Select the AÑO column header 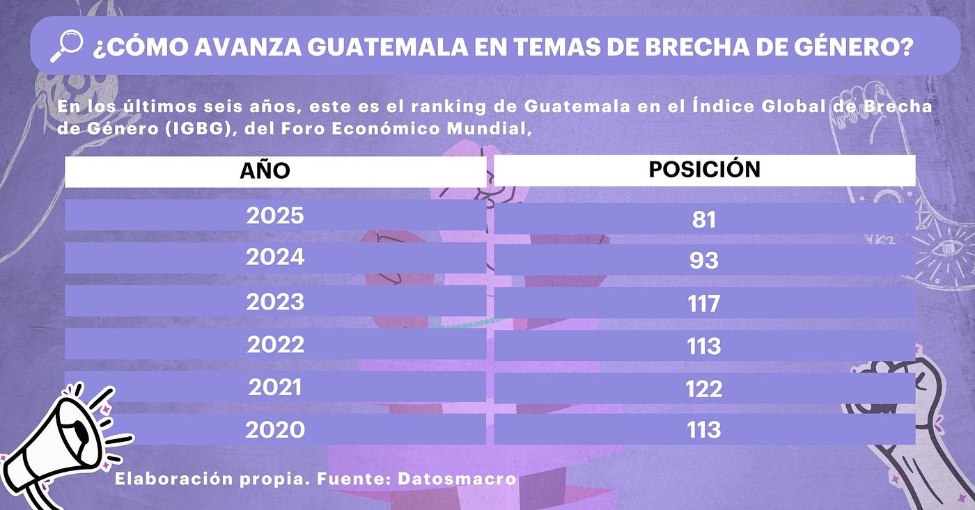click(x=265, y=170)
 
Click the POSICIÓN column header click(x=704, y=169)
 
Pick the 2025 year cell click(x=275, y=215)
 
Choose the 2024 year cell click(x=275, y=257)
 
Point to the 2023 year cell click(x=275, y=301)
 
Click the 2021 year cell click(x=275, y=388)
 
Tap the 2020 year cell click(x=275, y=430)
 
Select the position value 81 click(x=704, y=219)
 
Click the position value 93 click(x=704, y=261)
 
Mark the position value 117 click(x=704, y=304)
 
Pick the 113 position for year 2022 click(x=704, y=346)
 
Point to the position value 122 click(x=704, y=389)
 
